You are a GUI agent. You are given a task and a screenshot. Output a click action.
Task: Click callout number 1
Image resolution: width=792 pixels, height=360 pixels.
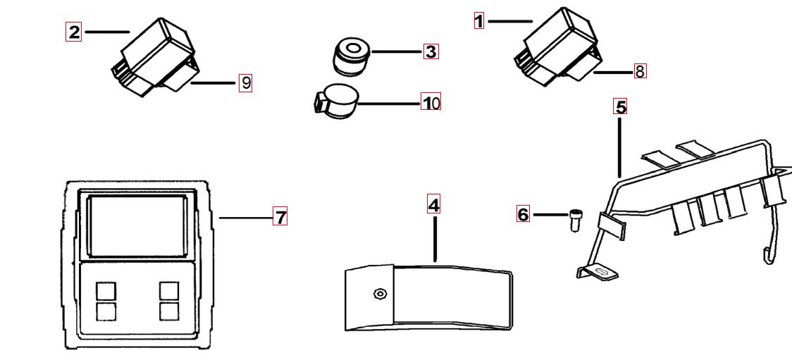coord(479,21)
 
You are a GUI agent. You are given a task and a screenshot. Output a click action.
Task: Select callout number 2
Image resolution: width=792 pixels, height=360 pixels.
coord(73,32)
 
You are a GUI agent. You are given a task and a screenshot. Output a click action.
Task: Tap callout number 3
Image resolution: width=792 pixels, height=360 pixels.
coord(431,51)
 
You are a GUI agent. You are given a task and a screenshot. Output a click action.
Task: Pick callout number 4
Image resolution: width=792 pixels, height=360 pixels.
coord(434,205)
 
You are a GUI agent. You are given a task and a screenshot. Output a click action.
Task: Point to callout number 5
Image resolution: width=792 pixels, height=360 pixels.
coord(620,107)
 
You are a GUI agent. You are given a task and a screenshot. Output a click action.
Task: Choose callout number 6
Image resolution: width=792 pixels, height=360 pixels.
coord(523,214)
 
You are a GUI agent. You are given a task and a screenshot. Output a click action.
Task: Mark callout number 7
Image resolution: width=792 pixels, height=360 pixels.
coord(280,217)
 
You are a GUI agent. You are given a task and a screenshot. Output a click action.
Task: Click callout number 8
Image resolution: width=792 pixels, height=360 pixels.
coord(640,71)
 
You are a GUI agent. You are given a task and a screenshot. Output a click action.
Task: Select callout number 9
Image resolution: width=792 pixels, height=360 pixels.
coord(245,82)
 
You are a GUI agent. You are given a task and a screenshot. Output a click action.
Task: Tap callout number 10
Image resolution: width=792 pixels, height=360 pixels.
coord(430,103)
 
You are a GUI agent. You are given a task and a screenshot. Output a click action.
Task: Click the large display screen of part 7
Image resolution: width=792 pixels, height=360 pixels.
coord(137,225)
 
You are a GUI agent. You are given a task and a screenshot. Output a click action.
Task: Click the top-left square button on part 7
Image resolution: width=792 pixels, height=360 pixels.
coord(106,290)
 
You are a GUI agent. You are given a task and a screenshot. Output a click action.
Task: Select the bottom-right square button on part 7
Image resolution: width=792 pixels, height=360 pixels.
coord(169,311)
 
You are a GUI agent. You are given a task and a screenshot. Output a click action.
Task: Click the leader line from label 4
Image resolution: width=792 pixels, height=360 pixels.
coord(435,240)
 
